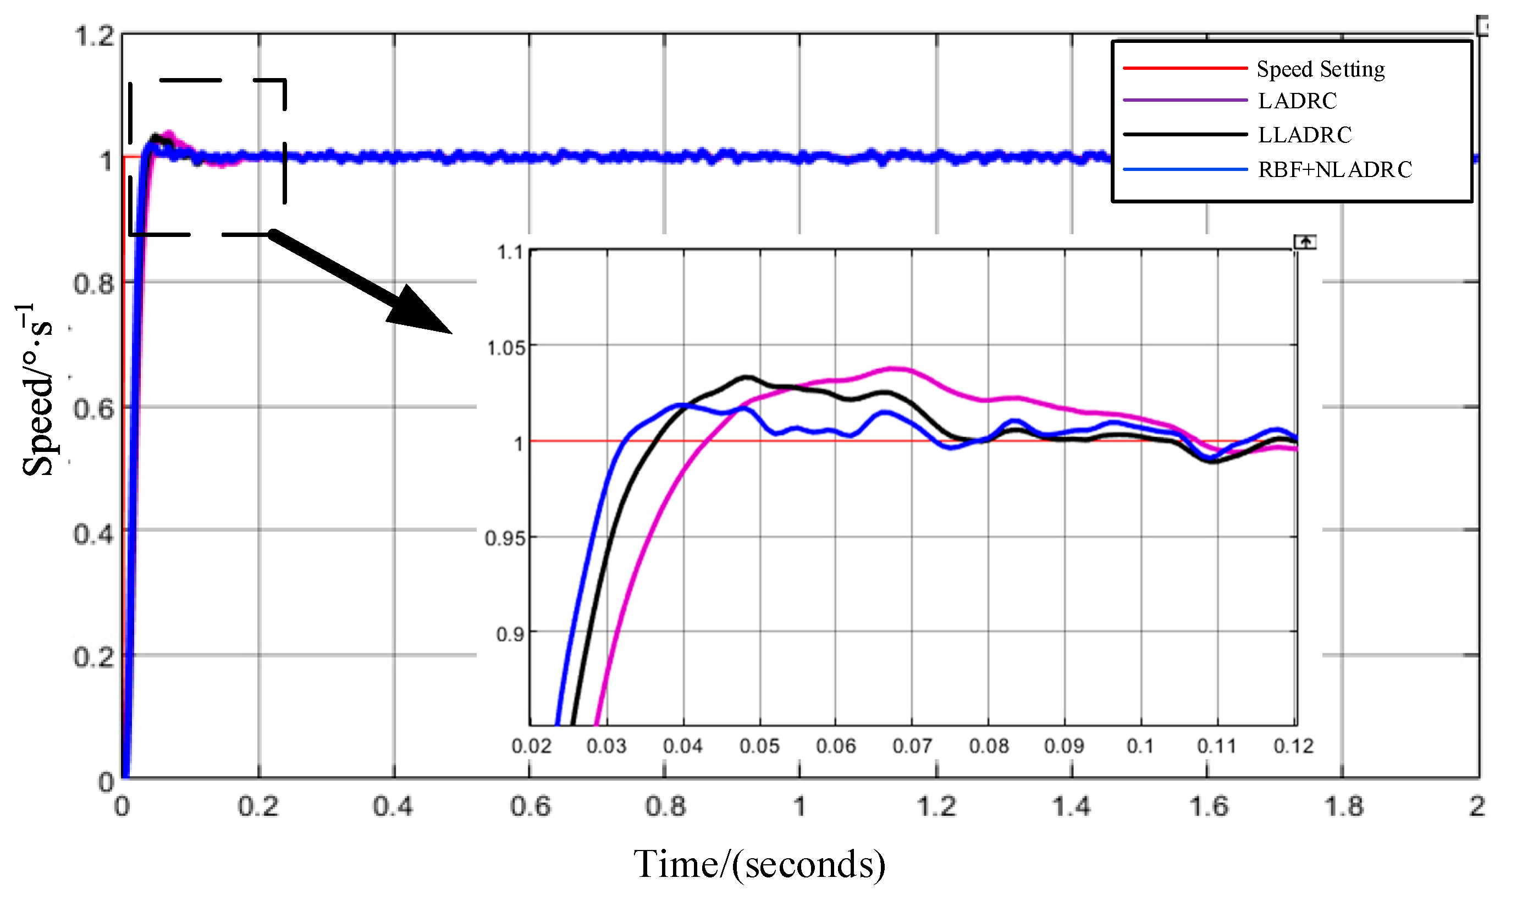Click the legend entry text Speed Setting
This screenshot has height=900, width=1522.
(1320, 70)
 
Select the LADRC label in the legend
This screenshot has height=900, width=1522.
(1297, 101)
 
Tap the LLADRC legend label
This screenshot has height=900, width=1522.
(1304, 135)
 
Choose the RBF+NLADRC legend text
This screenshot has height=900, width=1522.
(1334, 170)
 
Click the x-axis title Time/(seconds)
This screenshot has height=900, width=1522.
(759, 864)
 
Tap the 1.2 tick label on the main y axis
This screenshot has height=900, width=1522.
(94, 36)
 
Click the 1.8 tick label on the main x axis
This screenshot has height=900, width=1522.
(1344, 807)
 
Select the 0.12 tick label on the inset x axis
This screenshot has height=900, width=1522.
(1293, 746)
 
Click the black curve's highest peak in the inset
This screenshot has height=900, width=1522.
(747, 377)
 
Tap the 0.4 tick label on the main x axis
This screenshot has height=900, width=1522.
(393, 807)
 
